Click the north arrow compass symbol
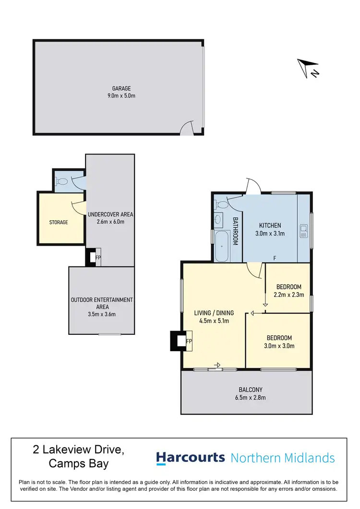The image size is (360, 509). (x=308, y=68)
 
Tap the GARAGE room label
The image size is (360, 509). (x=121, y=88)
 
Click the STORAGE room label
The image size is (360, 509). (x=59, y=222)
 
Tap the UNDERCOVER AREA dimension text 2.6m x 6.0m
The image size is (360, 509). (x=110, y=222)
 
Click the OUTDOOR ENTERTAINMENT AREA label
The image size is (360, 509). (x=102, y=303)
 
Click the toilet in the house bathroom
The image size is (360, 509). (x=221, y=205)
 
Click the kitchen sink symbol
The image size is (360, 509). (x=303, y=231)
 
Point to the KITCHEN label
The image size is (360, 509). (x=270, y=225)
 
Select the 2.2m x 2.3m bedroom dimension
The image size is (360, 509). (x=289, y=295)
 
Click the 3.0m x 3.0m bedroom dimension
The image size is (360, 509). (x=278, y=345)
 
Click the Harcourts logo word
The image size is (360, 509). (x=191, y=458)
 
